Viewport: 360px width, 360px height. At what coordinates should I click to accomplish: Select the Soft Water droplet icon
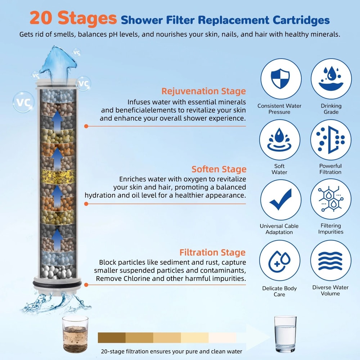pyautogui.click(x=280, y=140)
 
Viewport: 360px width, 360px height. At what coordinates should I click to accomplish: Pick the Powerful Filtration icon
pyautogui.click(x=331, y=140)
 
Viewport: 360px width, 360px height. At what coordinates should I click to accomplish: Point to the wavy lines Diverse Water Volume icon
pyautogui.click(x=331, y=260)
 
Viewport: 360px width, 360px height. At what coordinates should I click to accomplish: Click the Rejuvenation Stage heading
pyautogui.click(x=203, y=91)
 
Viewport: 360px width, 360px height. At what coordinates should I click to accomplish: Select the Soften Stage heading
pyautogui.click(x=219, y=169)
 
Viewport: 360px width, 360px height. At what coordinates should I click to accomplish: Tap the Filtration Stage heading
pyautogui.click(x=212, y=252)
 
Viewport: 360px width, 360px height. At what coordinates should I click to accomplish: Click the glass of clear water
pyautogui.click(x=285, y=334)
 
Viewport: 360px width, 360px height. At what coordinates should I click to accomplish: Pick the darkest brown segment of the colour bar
pyautogui.click(x=112, y=338)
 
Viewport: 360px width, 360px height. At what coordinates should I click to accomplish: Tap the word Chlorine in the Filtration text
pyautogui.click(x=132, y=279)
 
